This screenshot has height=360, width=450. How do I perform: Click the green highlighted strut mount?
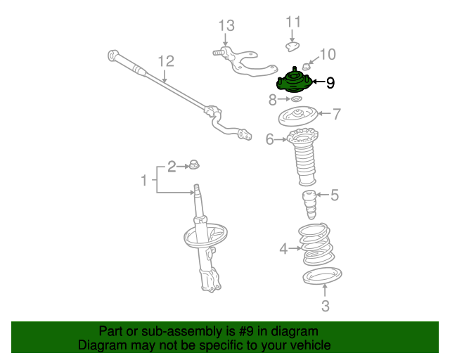[x=294, y=82]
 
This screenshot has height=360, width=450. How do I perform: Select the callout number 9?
[x=330, y=83]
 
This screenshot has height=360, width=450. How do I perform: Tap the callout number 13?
[x=226, y=25]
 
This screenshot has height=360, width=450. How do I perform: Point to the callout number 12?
[x=166, y=61]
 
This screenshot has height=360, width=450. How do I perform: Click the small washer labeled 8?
[x=297, y=99]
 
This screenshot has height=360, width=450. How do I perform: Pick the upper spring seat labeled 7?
[x=298, y=116]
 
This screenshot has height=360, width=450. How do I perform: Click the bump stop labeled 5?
[x=309, y=205]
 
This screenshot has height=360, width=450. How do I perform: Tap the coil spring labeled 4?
[x=316, y=244]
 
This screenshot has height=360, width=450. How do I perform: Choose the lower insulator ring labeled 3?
[x=322, y=276]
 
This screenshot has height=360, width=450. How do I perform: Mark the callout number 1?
[x=144, y=180]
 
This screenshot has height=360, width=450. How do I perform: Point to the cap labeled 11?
[x=292, y=46]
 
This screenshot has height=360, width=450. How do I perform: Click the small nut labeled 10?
[x=307, y=67]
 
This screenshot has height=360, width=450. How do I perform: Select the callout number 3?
[x=325, y=306]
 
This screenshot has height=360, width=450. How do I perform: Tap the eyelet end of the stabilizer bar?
[x=112, y=55]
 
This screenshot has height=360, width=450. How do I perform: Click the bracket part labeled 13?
[x=245, y=63]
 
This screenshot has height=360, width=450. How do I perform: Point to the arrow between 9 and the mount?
[x=319, y=82]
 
